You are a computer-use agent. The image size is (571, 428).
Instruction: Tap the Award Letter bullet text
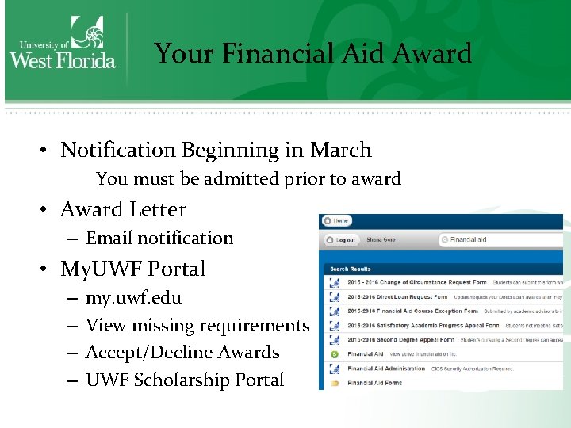pyautogui.click(x=123, y=209)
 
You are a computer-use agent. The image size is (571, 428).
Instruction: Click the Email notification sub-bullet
pyautogui.click(x=159, y=238)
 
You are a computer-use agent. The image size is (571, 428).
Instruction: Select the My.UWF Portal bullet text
pyautogui.click(x=132, y=269)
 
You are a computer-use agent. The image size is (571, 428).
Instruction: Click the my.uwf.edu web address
pyautogui.click(x=133, y=298)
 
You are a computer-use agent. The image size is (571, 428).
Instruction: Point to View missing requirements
pyautogui.click(x=197, y=325)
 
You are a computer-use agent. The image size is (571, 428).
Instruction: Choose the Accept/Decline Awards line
pyautogui.click(x=182, y=353)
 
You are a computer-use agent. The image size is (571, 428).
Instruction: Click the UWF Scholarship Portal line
pyautogui.click(x=184, y=380)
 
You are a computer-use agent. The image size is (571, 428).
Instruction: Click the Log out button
pyautogui.click(x=342, y=239)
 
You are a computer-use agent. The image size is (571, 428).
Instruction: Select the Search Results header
pyautogui.click(x=350, y=269)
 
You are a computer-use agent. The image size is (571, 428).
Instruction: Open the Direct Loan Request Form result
pyautogui.click(x=394, y=296)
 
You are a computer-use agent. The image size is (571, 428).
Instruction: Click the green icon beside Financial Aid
pyautogui.click(x=334, y=354)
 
